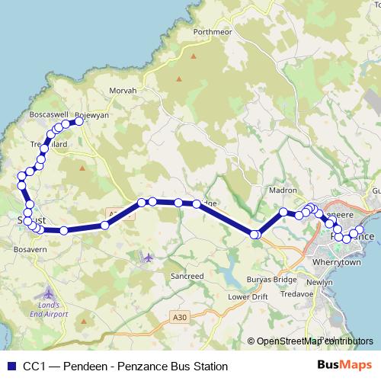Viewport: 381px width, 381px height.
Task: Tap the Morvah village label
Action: click(123, 90)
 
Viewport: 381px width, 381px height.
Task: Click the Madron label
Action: click(283, 190)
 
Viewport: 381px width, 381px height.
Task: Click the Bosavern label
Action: click(31, 249)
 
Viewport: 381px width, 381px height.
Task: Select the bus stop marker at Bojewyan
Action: click(78, 120)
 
